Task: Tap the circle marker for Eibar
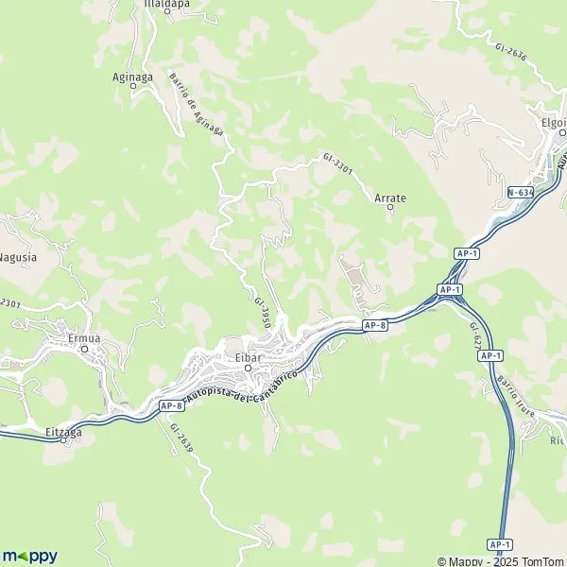pyautogui.click(x=247, y=369)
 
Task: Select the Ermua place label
pyautogui.click(x=83, y=338)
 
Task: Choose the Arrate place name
pyautogui.click(x=390, y=198)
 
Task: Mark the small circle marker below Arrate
pyautogui.click(x=390, y=208)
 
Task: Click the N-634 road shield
pyautogui.click(x=520, y=192)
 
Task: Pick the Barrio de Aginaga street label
pyautogui.click(x=196, y=105)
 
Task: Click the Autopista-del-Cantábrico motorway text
pyautogui.click(x=243, y=387)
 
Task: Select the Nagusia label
pyautogui.click(x=18, y=256)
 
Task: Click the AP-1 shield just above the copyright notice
pyautogui.click(x=500, y=545)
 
